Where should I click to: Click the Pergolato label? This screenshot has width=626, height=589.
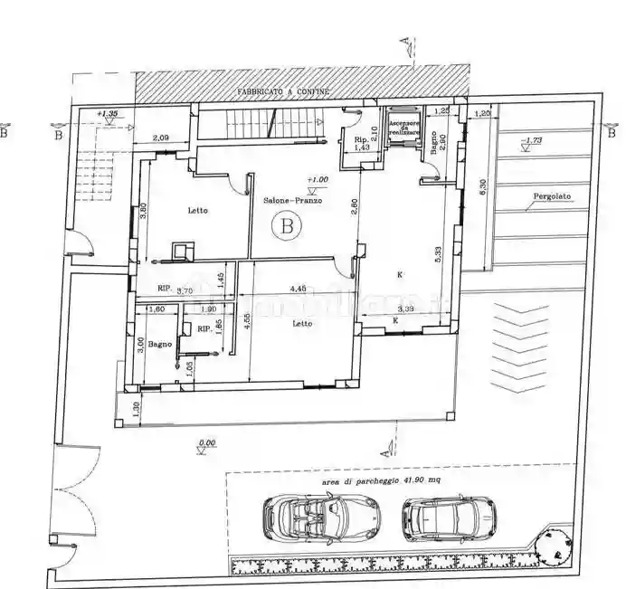point(552,195)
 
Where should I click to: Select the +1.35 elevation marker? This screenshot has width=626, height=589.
point(108,114)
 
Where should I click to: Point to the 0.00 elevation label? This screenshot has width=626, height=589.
point(206,443)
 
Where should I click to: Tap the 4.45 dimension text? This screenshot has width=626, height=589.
point(298,290)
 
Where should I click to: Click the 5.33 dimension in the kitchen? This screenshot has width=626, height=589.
point(437,255)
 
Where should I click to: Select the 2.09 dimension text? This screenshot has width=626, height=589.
point(161,138)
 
